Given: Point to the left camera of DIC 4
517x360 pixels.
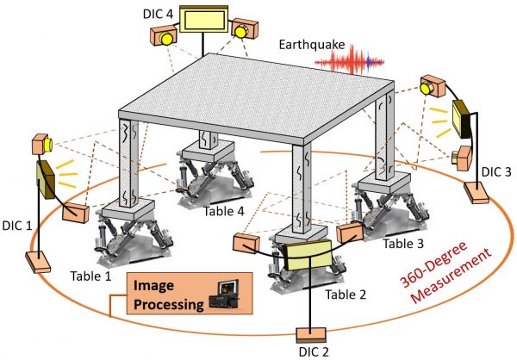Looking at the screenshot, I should (x=164, y=35).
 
